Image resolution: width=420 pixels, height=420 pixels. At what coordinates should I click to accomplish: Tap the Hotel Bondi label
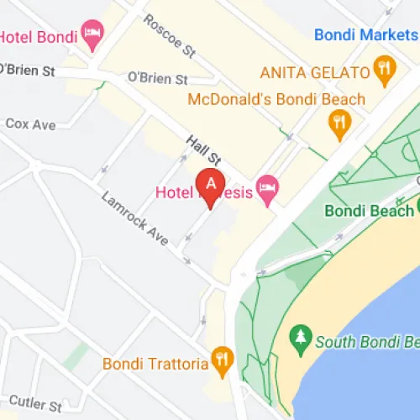click(x=39, y=37)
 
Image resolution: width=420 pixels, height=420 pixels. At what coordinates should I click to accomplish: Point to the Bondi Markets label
click(x=365, y=35)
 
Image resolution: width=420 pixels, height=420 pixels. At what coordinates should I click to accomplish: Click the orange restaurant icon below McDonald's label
click(x=339, y=126)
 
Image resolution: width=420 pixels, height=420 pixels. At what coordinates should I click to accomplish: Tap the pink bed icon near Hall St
click(x=267, y=192)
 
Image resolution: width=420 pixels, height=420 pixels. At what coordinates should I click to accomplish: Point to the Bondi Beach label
click(x=368, y=210)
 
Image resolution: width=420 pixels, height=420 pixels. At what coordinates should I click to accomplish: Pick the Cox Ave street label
click(x=30, y=124)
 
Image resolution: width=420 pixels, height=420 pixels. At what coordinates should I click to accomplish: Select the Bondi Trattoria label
click(x=155, y=364)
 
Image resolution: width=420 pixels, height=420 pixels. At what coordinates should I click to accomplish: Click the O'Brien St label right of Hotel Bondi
click(x=157, y=78)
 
